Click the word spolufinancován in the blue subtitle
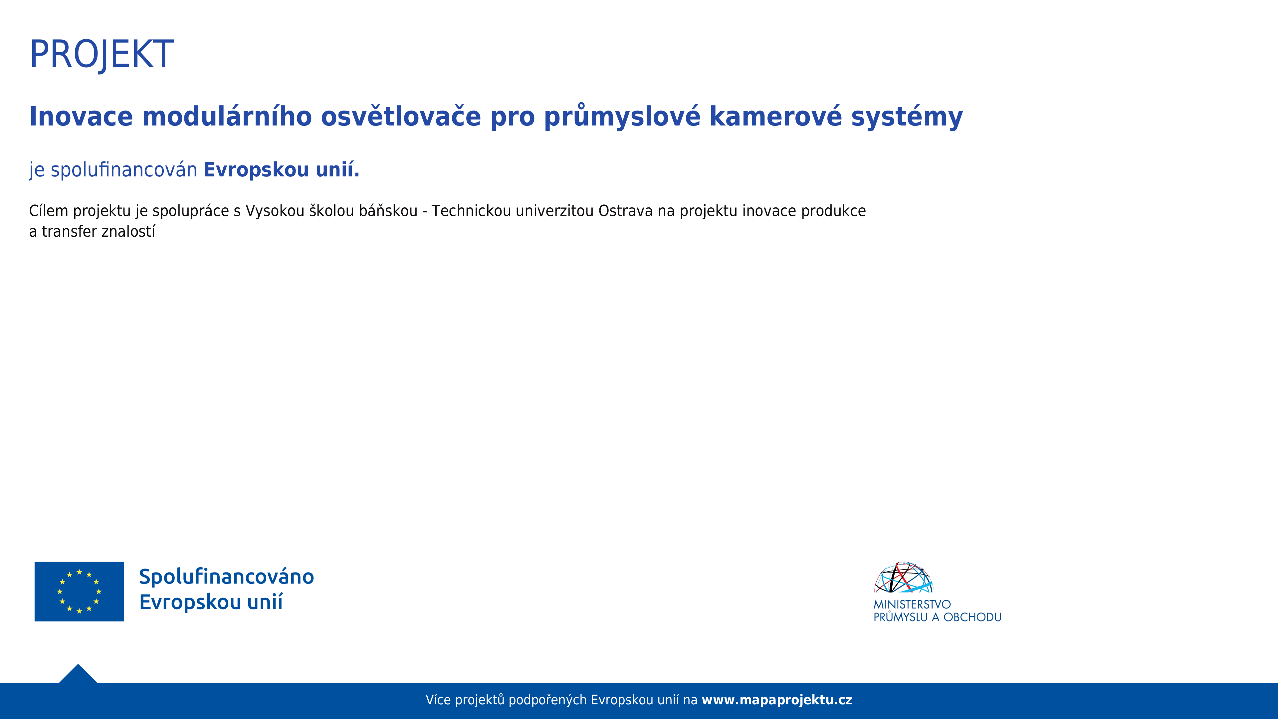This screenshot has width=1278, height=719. pyautogui.click(x=124, y=170)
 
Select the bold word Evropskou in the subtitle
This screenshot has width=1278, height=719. pyautogui.click(x=257, y=170)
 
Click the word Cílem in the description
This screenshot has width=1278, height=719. pyautogui.click(x=49, y=211)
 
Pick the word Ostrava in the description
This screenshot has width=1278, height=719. pyautogui.click(x=626, y=211)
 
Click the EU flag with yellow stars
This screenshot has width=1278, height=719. pyautogui.click(x=80, y=592)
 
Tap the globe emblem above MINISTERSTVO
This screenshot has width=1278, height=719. pyautogui.click(x=904, y=577)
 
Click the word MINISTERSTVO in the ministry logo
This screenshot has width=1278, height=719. pyautogui.click(x=912, y=604)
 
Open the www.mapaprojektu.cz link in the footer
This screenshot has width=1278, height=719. pyautogui.click(x=777, y=700)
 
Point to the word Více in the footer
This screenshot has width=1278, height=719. pyautogui.click(x=438, y=700)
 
